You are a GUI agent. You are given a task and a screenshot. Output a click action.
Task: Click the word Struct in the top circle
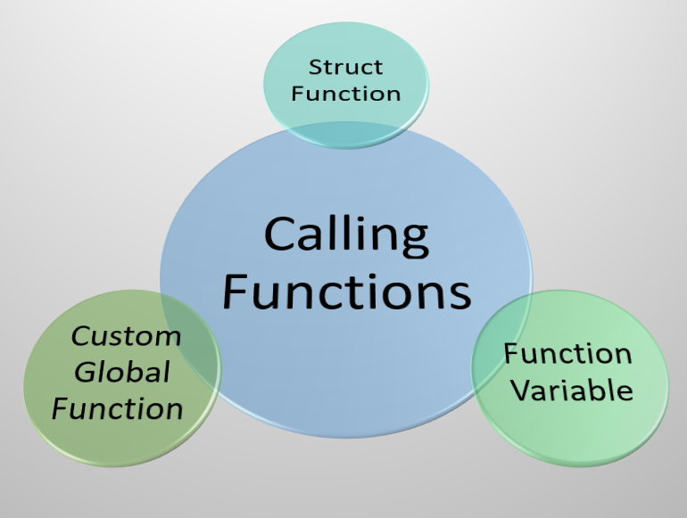pyautogui.click(x=345, y=67)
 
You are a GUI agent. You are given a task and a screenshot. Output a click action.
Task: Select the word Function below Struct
pyautogui.click(x=345, y=94)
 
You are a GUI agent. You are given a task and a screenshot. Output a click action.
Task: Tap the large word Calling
pyautogui.click(x=346, y=236)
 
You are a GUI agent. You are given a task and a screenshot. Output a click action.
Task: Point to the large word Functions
pyautogui.click(x=347, y=292)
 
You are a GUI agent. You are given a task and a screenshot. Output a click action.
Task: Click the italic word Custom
pyautogui.click(x=126, y=336)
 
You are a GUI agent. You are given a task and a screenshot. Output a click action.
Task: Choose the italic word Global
pyautogui.click(x=122, y=372)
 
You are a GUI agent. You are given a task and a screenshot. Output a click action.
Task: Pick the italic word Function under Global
pyautogui.click(x=118, y=409)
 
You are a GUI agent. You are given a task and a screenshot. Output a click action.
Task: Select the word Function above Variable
pyautogui.click(x=567, y=354)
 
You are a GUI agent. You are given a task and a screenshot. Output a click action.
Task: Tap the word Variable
pyautogui.click(x=573, y=391)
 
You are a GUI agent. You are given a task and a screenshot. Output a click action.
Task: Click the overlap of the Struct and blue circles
pyautogui.click(x=346, y=135)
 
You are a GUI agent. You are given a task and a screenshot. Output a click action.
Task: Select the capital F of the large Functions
pyautogui.click(x=235, y=292)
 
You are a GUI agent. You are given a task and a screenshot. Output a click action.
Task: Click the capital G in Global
pyautogui.click(x=85, y=372)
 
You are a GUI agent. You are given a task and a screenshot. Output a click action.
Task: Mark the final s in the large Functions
pyautogui.click(x=462, y=298)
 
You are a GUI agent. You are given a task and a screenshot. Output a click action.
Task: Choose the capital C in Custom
pyautogui.click(x=81, y=336)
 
